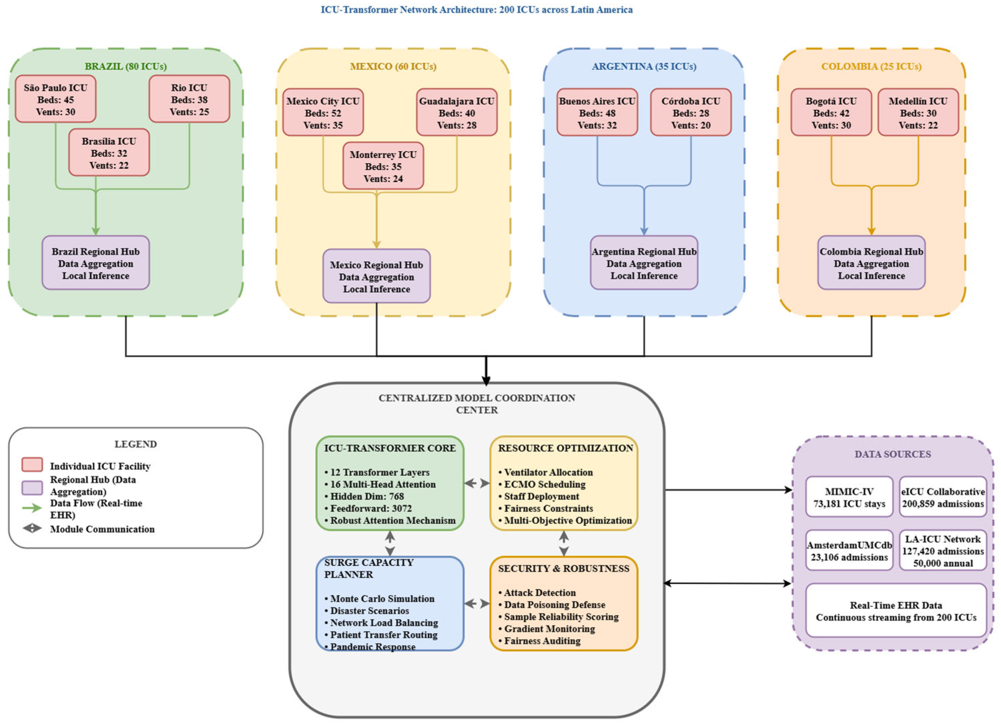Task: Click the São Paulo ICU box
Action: pyautogui.click(x=56, y=99)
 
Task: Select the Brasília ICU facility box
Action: pyautogui.click(x=109, y=152)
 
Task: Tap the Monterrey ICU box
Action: pyautogui.click(x=383, y=166)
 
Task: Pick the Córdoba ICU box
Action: pyautogui.click(x=691, y=112)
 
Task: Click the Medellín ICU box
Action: pyautogui.click(x=918, y=112)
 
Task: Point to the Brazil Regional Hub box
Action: pyautogui.click(x=96, y=263)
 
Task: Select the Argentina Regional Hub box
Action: pyautogui.click(x=644, y=263)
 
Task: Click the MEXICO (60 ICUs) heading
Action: pyautogui.click(x=393, y=66)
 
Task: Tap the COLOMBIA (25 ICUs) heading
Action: pyautogui.click(x=871, y=66)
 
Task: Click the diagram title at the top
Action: pyautogui.click(x=477, y=10)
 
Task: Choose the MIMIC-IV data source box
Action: pyautogui.click(x=849, y=497)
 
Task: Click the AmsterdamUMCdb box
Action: pyautogui.click(x=849, y=550)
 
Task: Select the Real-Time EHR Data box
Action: pyautogui.click(x=896, y=610)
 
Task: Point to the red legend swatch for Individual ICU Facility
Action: pyautogui.click(x=32, y=465)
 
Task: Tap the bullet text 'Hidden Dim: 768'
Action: pyautogui.click(x=364, y=496)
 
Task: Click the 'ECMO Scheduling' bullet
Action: pyautogui.click(x=542, y=484)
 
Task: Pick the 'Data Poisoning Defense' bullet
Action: pyautogui.click(x=552, y=605)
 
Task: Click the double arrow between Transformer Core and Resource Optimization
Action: pyautogui.click(x=477, y=483)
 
